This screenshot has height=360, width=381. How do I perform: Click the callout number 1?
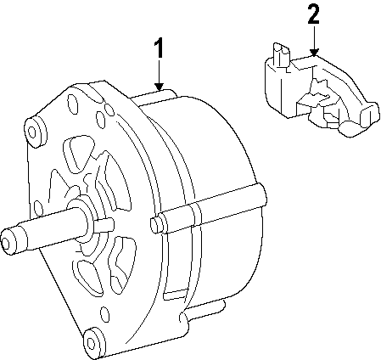[x=159, y=49]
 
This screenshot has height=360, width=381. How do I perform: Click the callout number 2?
[x=313, y=14]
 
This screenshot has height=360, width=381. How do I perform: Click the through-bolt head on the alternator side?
[x=154, y=224]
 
